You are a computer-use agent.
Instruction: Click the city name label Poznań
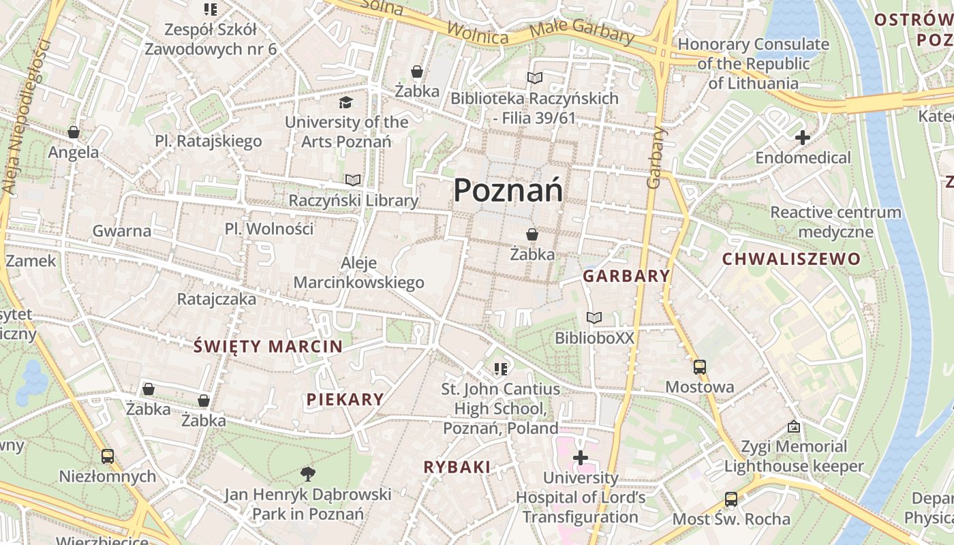coord(508,190)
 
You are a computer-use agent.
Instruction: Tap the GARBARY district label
coord(626,276)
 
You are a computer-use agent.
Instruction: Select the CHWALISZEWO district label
coord(791,259)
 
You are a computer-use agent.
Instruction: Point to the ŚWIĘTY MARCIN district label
coord(268,346)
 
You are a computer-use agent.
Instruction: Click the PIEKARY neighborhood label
coord(345,399)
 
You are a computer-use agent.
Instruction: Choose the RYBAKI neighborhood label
coord(457,467)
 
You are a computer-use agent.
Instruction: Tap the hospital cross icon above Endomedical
coord(803,138)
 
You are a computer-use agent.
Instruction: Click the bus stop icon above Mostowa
coord(700,367)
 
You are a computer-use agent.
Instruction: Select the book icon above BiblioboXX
coord(594,317)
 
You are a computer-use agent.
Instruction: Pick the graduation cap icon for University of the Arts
coord(346,102)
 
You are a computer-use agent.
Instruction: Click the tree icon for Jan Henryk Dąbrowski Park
coord(308,473)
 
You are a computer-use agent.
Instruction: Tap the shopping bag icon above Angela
coord(74,132)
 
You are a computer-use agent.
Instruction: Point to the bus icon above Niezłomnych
coord(108,456)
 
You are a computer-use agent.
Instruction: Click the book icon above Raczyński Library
coord(353,180)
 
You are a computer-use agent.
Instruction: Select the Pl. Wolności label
coord(269,229)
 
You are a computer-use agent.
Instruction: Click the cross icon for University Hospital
coord(581,458)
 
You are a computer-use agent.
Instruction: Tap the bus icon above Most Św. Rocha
coord(731,499)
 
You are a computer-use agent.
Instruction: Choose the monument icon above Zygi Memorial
coord(794,426)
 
